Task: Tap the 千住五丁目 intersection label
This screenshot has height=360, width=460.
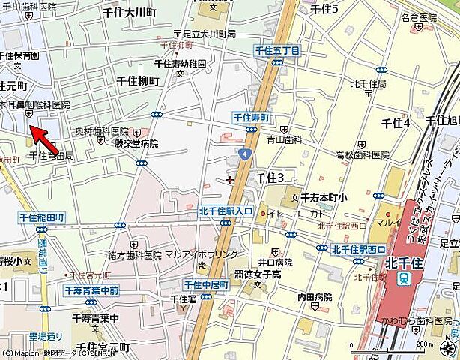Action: tap(277, 50)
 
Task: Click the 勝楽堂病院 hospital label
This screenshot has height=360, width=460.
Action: tap(136, 142)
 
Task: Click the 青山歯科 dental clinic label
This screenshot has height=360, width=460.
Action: tap(285, 139)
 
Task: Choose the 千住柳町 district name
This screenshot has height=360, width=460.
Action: tap(138, 80)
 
